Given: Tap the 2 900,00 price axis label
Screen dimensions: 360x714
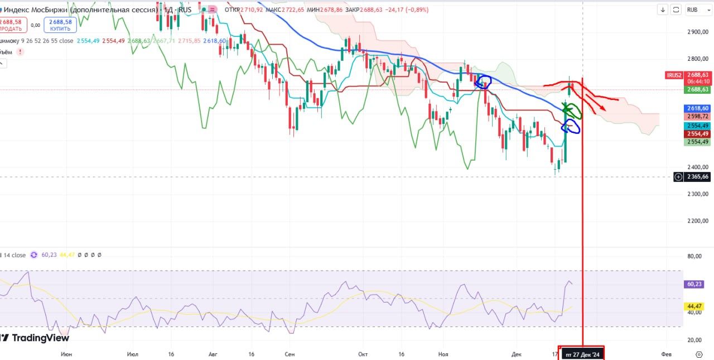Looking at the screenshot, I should pyautogui.click(x=697, y=32).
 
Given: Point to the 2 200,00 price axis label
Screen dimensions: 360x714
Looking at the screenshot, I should pyautogui.click(x=697, y=221).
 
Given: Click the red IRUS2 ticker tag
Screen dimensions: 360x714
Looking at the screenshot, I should pyautogui.click(x=674, y=75).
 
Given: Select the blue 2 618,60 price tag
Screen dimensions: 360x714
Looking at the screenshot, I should pyautogui.click(x=698, y=108).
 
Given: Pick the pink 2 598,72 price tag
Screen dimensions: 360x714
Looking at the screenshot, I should pyautogui.click(x=698, y=116).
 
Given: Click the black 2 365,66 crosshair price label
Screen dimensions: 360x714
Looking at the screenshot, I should pyautogui.click(x=698, y=177).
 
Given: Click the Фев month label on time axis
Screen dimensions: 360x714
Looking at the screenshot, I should pyautogui.click(x=665, y=354).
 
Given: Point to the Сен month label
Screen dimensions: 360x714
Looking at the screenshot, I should pyautogui.click(x=289, y=354).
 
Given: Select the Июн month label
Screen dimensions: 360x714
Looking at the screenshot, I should pyautogui.click(x=66, y=354).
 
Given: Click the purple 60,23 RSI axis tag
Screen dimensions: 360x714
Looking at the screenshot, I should pyautogui.click(x=694, y=284).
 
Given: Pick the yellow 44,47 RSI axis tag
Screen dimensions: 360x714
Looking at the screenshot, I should pyautogui.click(x=694, y=306).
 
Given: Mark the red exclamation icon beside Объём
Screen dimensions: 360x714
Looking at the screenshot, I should pyautogui.click(x=20, y=52).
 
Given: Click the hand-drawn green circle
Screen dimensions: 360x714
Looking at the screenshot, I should pyautogui.click(x=573, y=110).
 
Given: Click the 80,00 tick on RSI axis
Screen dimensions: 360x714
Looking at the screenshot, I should pyautogui.click(x=694, y=256).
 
